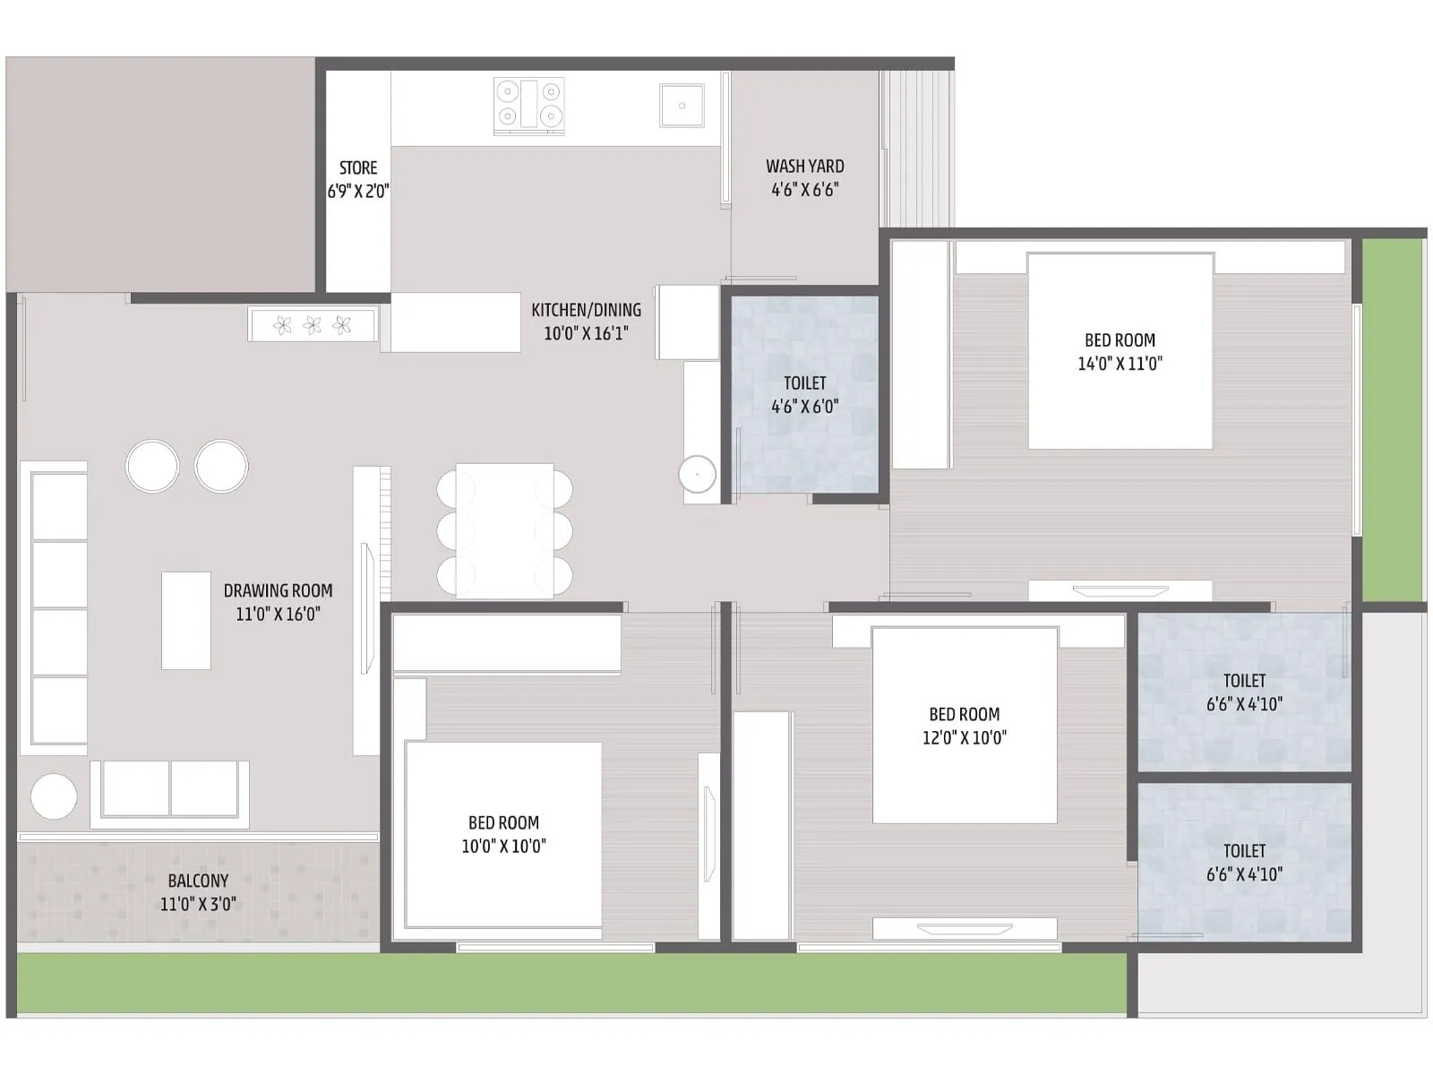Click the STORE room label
coord(358,168)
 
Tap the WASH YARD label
coord(804,167)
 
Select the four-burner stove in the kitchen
coord(528,105)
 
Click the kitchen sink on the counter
coord(682,106)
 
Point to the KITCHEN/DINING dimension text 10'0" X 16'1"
coord(587,333)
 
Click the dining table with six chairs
coord(504,530)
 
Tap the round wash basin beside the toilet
coord(697,474)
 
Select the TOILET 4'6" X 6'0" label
coord(804,394)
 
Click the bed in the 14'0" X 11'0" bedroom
coord(1120,351)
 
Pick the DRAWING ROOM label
coord(278,591)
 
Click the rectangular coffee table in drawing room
coord(186,620)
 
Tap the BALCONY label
coord(198,881)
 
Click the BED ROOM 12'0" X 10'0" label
coord(964,726)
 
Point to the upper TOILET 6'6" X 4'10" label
coord(1244,692)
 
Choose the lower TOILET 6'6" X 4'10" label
coord(1244,862)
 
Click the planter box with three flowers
coord(312,325)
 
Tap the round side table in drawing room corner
coord(54,795)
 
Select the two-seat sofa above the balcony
coord(170,790)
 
